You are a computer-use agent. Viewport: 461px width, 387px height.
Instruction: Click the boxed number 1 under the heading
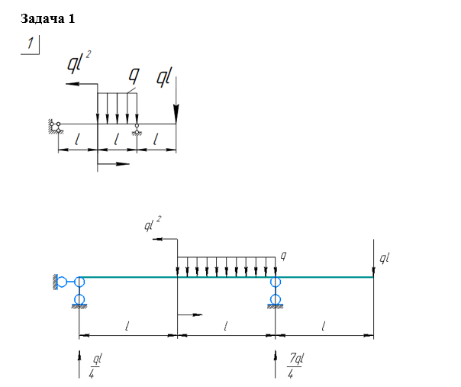(31, 44)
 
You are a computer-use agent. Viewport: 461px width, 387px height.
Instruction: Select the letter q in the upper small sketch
(134, 75)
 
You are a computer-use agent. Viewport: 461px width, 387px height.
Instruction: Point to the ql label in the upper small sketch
(164, 76)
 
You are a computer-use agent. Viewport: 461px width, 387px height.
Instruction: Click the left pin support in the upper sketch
(55, 125)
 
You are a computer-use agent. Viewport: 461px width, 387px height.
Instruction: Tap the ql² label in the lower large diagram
(153, 224)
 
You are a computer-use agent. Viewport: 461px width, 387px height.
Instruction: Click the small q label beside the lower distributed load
(282, 253)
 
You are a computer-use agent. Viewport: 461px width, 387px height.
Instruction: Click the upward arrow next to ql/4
(79, 363)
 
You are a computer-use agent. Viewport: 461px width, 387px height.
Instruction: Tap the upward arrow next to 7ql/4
(275, 363)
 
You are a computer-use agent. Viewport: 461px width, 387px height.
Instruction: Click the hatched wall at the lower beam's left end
(56, 282)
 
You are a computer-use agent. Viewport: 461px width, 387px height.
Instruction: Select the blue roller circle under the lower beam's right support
(275, 297)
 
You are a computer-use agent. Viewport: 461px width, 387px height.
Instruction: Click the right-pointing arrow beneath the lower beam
(192, 314)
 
